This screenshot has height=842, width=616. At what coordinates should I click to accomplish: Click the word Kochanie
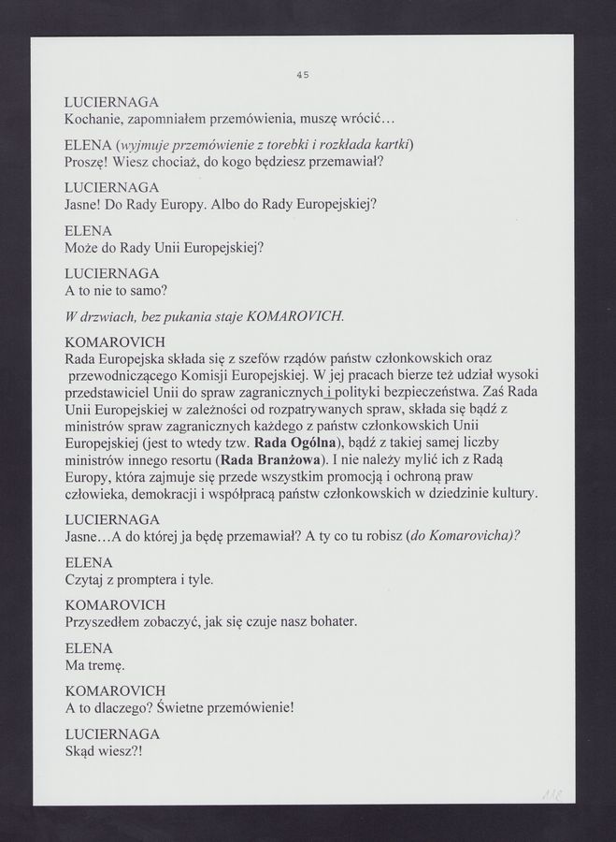[x=95, y=121]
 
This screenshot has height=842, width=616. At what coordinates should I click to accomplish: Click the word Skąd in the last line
[x=81, y=751]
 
